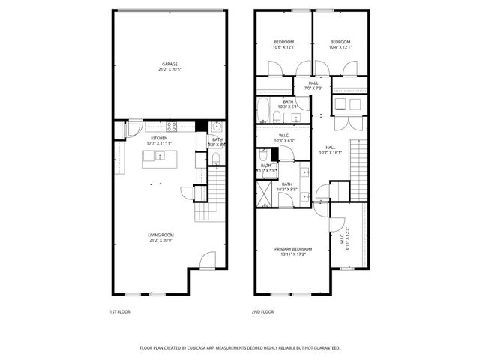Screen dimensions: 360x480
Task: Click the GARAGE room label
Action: (x=169, y=64)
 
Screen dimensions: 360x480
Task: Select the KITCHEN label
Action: (x=158, y=138)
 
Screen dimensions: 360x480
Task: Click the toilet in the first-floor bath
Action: (x=214, y=158)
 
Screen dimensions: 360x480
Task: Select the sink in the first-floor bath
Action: (x=215, y=126)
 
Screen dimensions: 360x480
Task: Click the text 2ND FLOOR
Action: (x=263, y=311)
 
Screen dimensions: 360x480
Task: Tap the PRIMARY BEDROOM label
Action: (x=292, y=248)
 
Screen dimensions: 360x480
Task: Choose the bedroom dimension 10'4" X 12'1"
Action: (x=340, y=47)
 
